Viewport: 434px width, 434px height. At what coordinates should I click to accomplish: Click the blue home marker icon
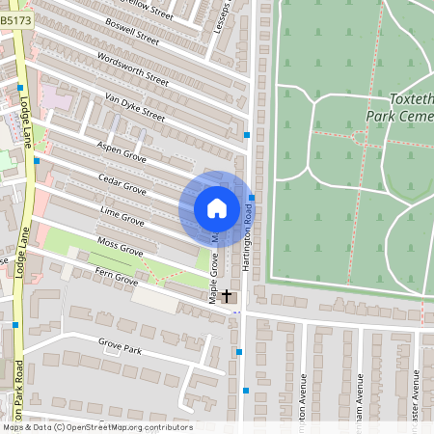click(217, 208)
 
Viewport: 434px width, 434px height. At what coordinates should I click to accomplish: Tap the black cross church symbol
click(228, 295)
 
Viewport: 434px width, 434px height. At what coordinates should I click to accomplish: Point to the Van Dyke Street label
click(134, 108)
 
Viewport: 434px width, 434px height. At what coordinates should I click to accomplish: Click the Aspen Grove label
click(122, 150)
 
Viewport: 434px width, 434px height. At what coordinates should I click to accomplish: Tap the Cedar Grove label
click(122, 184)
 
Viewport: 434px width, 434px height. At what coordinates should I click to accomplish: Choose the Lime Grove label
click(122, 216)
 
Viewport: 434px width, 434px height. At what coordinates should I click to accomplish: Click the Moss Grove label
click(121, 246)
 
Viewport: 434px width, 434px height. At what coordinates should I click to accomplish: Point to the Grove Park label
click(120, 347)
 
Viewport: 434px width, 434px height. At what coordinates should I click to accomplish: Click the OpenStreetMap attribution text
click(96, 426)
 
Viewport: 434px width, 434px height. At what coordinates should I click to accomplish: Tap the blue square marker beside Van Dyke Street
click(248, 135)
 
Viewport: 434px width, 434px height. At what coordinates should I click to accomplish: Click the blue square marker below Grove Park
click(247, 391)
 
